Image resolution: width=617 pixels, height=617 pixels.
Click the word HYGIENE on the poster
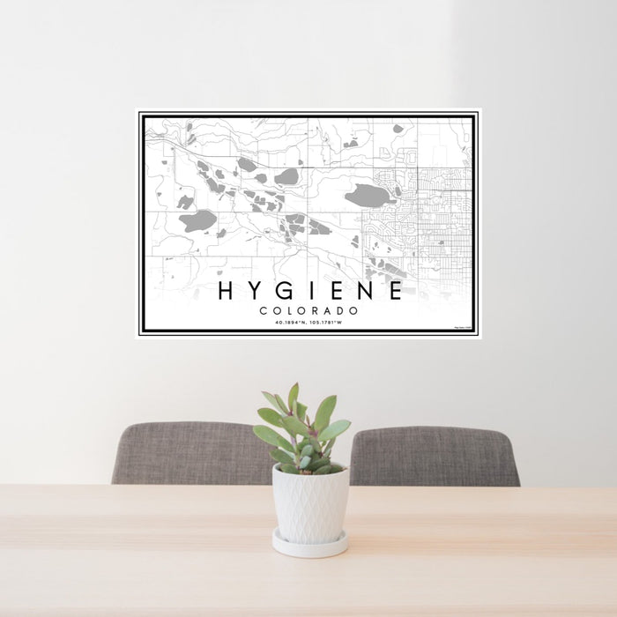[x=310, y=291]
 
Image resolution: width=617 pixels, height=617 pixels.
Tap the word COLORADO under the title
[x=309, y=311]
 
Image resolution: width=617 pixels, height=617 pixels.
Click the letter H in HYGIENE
[x=226, y=291]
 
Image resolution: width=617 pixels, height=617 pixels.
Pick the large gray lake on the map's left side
[x=198, y=220]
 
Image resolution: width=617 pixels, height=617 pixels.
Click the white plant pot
[x=309, y=504]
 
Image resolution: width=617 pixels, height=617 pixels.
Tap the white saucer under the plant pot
[x=309, y=546]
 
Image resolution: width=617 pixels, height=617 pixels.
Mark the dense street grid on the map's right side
[x=441, y=220]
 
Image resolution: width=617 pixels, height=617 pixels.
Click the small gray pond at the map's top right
[x=398, y=129]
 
